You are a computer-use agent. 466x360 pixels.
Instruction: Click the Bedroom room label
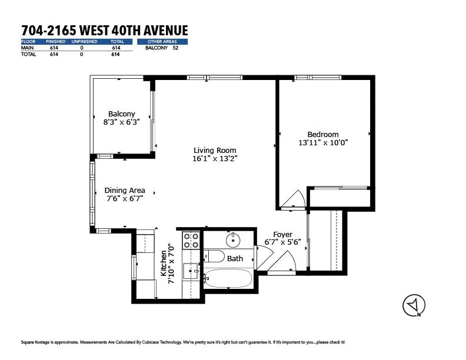(x=323, y=134)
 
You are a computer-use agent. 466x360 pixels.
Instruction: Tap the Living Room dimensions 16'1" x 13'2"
(x=215, y=159)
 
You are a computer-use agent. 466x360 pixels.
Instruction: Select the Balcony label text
(x=122, y=114)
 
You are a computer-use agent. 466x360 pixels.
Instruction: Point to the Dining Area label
(x=125, y=191)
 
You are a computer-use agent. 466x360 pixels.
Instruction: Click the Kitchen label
(x=164, y=263)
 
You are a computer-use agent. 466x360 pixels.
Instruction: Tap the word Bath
(x=235, y=259)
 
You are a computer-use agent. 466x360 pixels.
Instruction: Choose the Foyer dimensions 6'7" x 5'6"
(x=282, y=242)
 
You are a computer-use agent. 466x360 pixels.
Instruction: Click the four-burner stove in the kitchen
(x=191, y=241)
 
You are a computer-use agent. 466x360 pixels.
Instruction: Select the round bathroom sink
(x=234, y=240)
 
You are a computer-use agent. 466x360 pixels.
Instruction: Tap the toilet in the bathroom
(x=214, y=256)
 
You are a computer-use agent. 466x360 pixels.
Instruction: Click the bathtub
(x=228, y=278)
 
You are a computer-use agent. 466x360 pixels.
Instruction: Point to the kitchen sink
(x=191, y=271)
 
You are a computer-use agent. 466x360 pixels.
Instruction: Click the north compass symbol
(x=414, y=305)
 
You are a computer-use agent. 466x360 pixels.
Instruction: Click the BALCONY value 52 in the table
(x=175, y=48)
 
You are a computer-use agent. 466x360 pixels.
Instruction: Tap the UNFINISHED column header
(x=84, y=42)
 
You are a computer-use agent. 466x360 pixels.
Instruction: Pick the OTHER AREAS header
(x=162, y=42)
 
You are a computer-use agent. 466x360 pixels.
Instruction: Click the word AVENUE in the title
(x=166, y=31)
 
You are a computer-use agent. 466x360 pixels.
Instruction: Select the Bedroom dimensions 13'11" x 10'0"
(x=323, y=142)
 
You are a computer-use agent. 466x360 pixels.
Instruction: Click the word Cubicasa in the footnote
(x=151, y=342)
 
